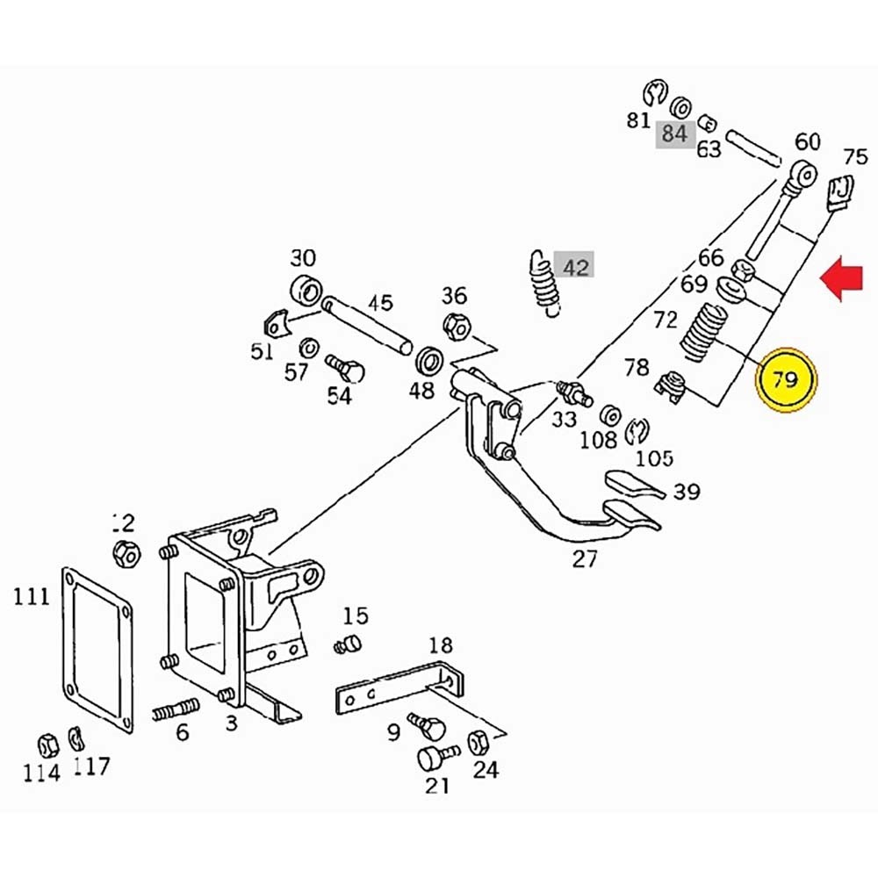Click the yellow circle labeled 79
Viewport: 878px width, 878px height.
click(x=786, y=380)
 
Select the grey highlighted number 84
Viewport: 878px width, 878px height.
click(x=674, y=134)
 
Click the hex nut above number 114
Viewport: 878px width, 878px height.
click(x=48, y=743)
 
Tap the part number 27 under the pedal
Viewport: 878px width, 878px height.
click(x=585, y=558)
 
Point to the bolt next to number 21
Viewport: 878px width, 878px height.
click(x=433, y=755)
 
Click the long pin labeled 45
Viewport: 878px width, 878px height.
click(x=366, y=325)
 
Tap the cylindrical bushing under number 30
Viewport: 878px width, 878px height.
click(x=304, y=290)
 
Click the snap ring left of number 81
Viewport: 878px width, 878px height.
click(x=652, y=90)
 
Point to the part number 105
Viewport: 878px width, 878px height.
click(x=654, y=457)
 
